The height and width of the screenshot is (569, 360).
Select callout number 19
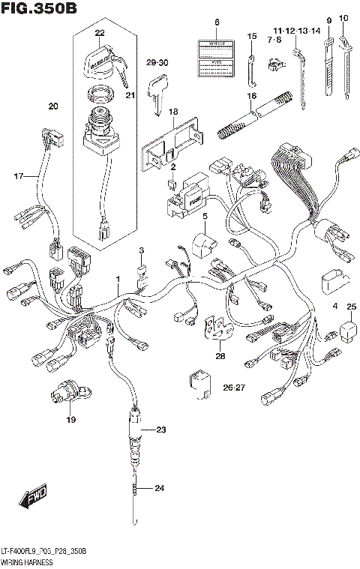pyautogui.click(x=70, y=420)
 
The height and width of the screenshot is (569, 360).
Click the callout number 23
pyautogui.click(x=160, y=430)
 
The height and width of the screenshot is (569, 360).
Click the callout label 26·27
pyautogui.click(x=234, y=388)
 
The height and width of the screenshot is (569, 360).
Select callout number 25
pyautogui.click(x=351, y=307)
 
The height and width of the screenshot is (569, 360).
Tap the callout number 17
pyautogui.click(x=19, y=176)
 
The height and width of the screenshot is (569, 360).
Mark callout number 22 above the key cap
pyautogui.click(x=100, y=33)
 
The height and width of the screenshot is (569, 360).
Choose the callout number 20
pyautogui.click(x=52, y=106)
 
